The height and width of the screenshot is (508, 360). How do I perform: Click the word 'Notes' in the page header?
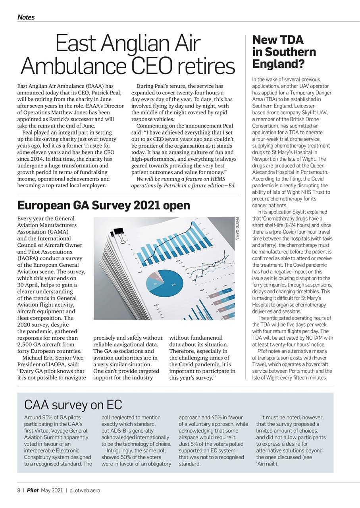click(x=26, y=17)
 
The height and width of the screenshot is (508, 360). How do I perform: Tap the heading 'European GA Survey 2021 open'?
click(x=104, y=205)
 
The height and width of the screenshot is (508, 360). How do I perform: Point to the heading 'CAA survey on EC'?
click(x=73, y=405)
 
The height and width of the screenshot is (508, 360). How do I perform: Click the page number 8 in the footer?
click(x=19, y=490)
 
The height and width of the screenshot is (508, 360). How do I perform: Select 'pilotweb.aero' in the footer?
click(x=85, y=490)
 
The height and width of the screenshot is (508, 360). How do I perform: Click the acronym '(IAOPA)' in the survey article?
click(x=30, y=258)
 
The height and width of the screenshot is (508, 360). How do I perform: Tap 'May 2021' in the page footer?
click(x=52, y=490)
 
